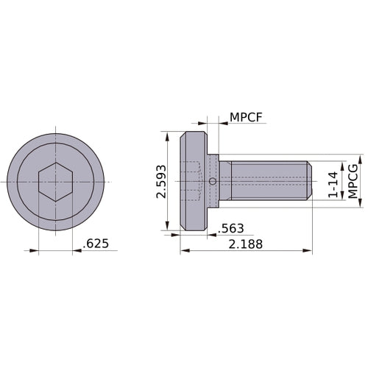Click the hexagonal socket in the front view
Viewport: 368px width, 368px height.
pos(55,181)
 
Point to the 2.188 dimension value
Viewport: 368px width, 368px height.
pos(244,243)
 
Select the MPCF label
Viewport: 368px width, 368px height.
pos(246,118)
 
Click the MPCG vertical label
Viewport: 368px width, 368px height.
pos(353,181)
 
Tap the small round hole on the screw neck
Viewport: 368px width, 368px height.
pos(213,182)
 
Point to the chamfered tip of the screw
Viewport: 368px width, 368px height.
pos(310,182)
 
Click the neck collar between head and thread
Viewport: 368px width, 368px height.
pos(213,169)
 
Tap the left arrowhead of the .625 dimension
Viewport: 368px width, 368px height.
pos(34,251)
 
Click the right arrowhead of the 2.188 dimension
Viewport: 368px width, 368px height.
pos(308,251)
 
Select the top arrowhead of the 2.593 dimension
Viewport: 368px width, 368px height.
pos(168,135)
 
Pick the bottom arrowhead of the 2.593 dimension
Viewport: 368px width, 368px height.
pos(168,227)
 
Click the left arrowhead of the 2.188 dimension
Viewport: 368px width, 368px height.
pos(184,251)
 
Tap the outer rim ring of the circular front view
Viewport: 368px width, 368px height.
pos(15,182)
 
